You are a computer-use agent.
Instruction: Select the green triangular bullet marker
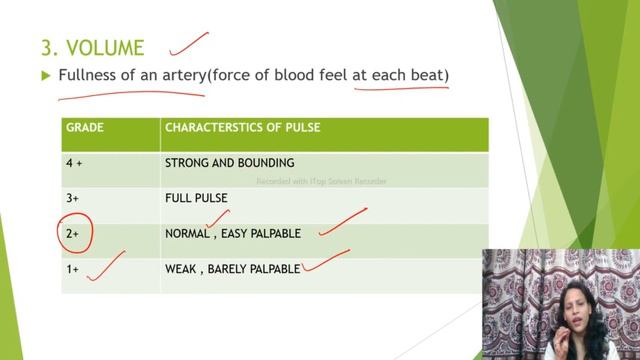[x=46, y=75]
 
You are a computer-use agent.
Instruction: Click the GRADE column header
[x=84, y=128]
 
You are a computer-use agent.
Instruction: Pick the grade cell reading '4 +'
[x=76, y=163]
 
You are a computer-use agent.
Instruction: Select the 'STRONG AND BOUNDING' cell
[x=229, y=163]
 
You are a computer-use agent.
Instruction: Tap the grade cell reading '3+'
[x=74, y=198]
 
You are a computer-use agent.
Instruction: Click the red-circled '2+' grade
[x=74, y=233]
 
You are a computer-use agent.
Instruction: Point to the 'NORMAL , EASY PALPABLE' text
[x=232, y=233]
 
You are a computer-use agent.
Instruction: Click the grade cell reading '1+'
[x=74, y=269]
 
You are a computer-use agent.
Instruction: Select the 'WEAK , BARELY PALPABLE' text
[x=232, y=269]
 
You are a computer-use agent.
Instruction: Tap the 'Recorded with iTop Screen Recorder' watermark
[x=321, y=182]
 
